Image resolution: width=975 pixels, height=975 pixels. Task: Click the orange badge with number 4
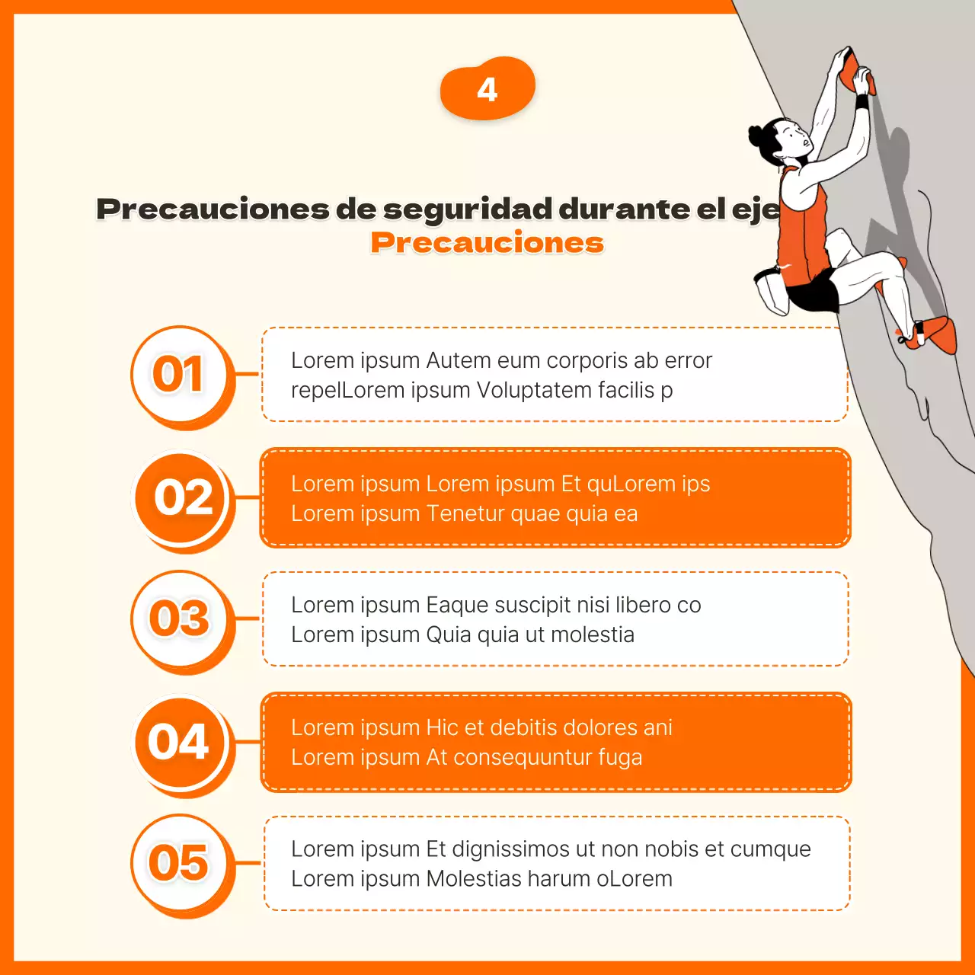coord(487,88)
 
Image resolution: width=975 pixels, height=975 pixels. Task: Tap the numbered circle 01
coord(179,374)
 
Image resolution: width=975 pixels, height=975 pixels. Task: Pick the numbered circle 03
coord(179,618)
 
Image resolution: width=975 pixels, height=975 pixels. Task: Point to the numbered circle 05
coord(179,862)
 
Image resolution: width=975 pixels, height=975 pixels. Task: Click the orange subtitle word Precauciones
coord(487,243)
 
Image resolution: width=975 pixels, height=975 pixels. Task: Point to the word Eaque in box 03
coord(456,605)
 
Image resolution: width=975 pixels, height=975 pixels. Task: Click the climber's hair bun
coord(756,136)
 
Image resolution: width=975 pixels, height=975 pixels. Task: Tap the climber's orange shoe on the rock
coord(938,335)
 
